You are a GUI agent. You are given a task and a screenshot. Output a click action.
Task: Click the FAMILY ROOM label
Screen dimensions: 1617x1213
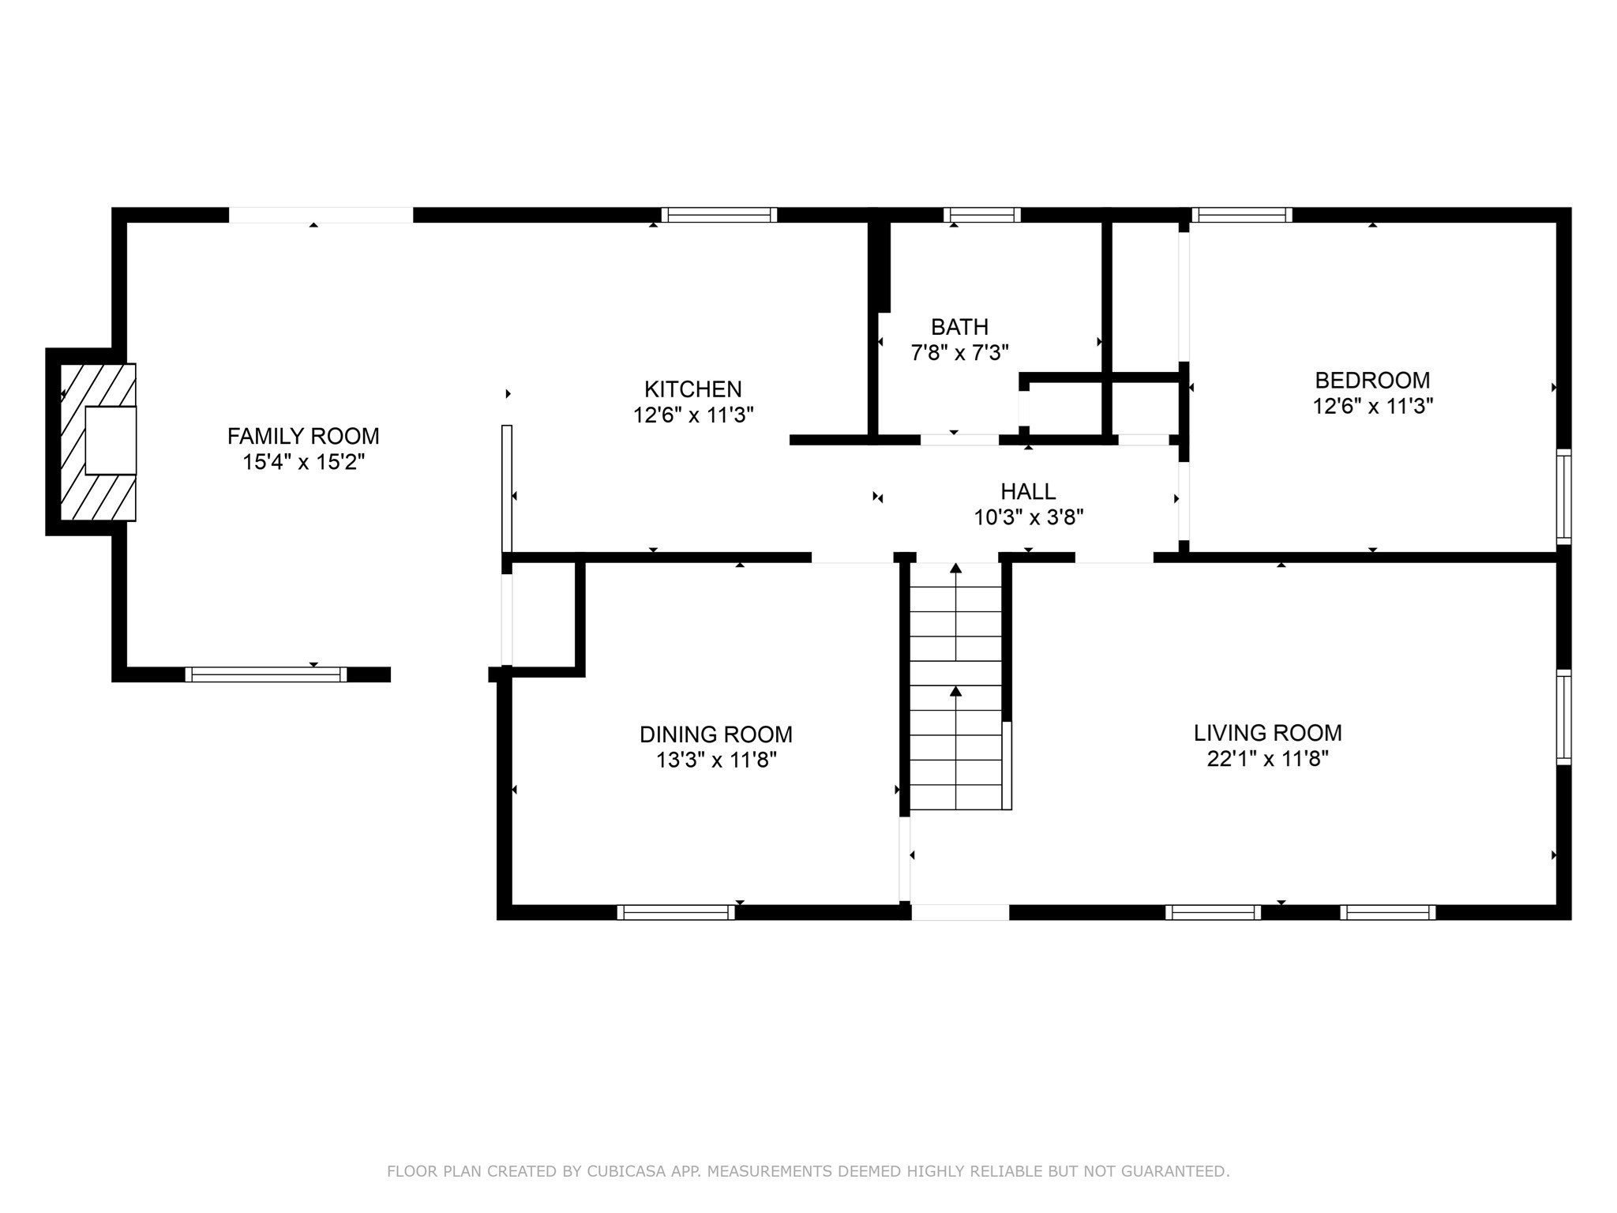coord(303,436)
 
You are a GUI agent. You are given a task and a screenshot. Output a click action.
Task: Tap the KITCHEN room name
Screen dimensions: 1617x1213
coord(693,389)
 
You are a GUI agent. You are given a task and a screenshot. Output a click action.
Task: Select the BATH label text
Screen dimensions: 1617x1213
coord(959,327)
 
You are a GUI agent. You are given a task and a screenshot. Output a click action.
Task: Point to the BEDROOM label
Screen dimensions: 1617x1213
coord(1372,381)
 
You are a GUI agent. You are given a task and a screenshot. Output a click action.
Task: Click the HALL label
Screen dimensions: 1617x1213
coord(1028,492)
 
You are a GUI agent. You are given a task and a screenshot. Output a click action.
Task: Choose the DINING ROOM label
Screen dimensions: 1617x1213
coord(716,734)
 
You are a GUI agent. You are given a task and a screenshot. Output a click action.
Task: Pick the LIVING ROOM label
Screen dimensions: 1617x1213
coord(1268,733)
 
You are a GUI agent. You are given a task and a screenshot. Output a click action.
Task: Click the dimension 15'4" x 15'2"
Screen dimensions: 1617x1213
coord(303,462)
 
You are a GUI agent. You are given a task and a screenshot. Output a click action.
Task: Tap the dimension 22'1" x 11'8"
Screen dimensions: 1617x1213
coord(1268,759)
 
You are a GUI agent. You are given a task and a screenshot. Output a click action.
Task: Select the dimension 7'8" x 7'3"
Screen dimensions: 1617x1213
coord(959,353)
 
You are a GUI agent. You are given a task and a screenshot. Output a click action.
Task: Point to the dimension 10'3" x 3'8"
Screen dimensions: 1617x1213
coord(1028,518)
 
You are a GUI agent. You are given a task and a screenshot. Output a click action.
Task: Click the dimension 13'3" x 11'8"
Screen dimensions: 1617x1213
coord(716,760)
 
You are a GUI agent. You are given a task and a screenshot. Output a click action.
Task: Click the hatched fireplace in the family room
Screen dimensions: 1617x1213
coord(99,441)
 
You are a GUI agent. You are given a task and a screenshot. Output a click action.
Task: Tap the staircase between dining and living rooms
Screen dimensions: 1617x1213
coord(956,686)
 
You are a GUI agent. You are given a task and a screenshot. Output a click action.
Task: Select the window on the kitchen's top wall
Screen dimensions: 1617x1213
coord(719,215)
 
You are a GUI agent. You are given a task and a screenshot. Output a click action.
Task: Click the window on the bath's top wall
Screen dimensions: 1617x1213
coord(982,215)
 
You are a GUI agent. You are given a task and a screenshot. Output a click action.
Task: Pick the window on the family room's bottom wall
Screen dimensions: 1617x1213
coord(266,674)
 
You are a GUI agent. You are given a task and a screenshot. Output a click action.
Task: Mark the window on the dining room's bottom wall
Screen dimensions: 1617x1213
coord(676,913)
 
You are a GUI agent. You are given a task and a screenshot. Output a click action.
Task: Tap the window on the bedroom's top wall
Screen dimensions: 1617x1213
coord(1242,215)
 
